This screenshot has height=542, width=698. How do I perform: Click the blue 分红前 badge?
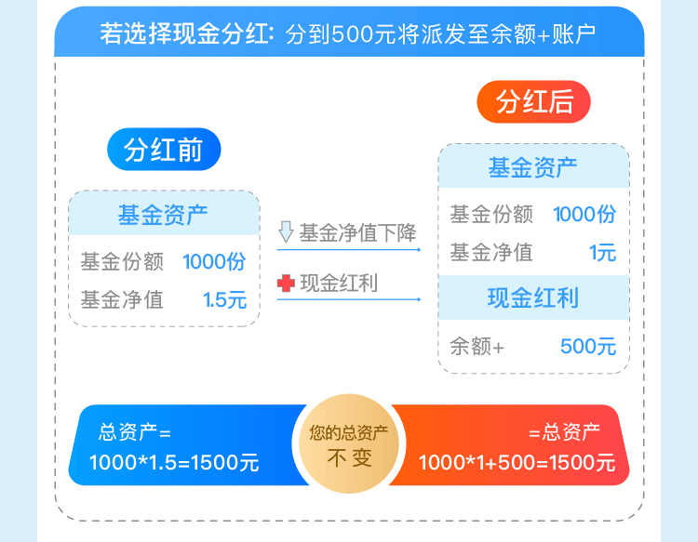click(164, 150)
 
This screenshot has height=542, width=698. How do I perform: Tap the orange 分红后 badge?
click(534, 101)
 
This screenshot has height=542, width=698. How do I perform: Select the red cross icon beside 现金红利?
click(286, 284)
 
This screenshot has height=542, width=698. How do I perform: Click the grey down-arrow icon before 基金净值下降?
click(286, 232)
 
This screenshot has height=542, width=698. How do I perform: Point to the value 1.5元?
click(224, 299)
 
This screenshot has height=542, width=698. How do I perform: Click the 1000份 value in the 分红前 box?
click(214, 261)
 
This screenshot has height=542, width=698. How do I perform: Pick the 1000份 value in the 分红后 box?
click(584, 214)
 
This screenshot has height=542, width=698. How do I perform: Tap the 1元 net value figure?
click(602, 252)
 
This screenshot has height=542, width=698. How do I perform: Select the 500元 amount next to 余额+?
click(588, 347)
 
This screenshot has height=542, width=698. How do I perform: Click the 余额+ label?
click(477, 347)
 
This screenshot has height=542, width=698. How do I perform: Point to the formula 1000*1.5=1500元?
click(174, 463)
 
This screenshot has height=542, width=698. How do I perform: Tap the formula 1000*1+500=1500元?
click(517, 463)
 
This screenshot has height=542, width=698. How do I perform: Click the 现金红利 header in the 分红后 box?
click(533, 297)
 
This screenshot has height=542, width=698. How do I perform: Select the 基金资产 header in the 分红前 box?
click(163, 215)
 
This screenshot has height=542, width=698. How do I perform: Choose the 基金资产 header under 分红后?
click(533, 167)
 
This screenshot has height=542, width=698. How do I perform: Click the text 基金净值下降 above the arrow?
click(357, 232)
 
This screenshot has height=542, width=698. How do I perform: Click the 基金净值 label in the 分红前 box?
click(122, 299)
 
